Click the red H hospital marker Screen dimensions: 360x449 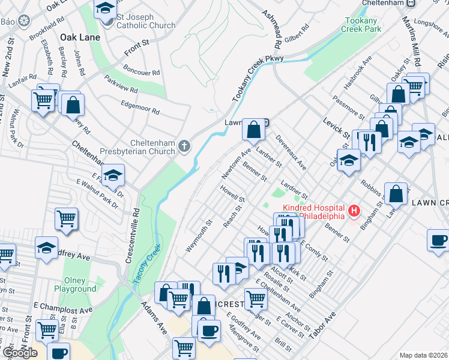click(x=354, y=211)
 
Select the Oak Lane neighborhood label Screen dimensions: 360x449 click(x=80, y=37)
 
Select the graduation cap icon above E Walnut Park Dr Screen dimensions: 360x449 click(x=112, y=175)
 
